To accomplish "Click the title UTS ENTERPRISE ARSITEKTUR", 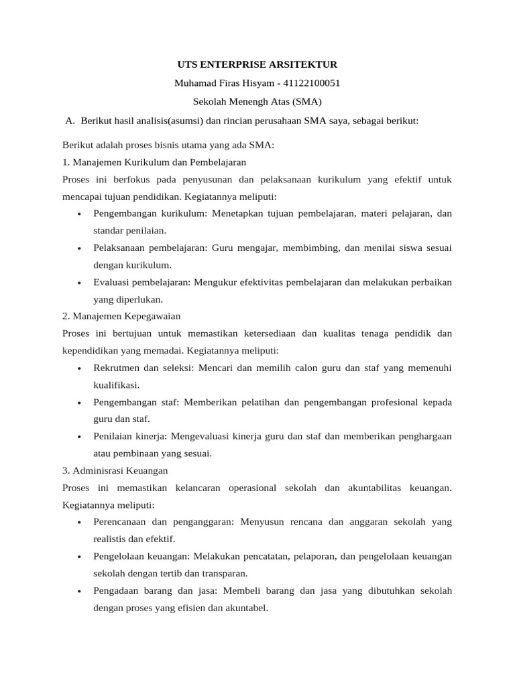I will click(257, 64).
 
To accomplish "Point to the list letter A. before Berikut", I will click(70, 121).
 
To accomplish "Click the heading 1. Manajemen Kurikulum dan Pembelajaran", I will click(154, 162).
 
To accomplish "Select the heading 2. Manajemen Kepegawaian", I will click(121, 316).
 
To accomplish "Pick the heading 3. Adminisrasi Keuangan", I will click(115, 470).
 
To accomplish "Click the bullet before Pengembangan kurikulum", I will click(79, 214).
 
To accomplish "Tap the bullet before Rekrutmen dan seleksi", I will click(79, 368).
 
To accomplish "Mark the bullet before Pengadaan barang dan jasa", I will click(79, 592).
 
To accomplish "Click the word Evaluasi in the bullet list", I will click(112, 282).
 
